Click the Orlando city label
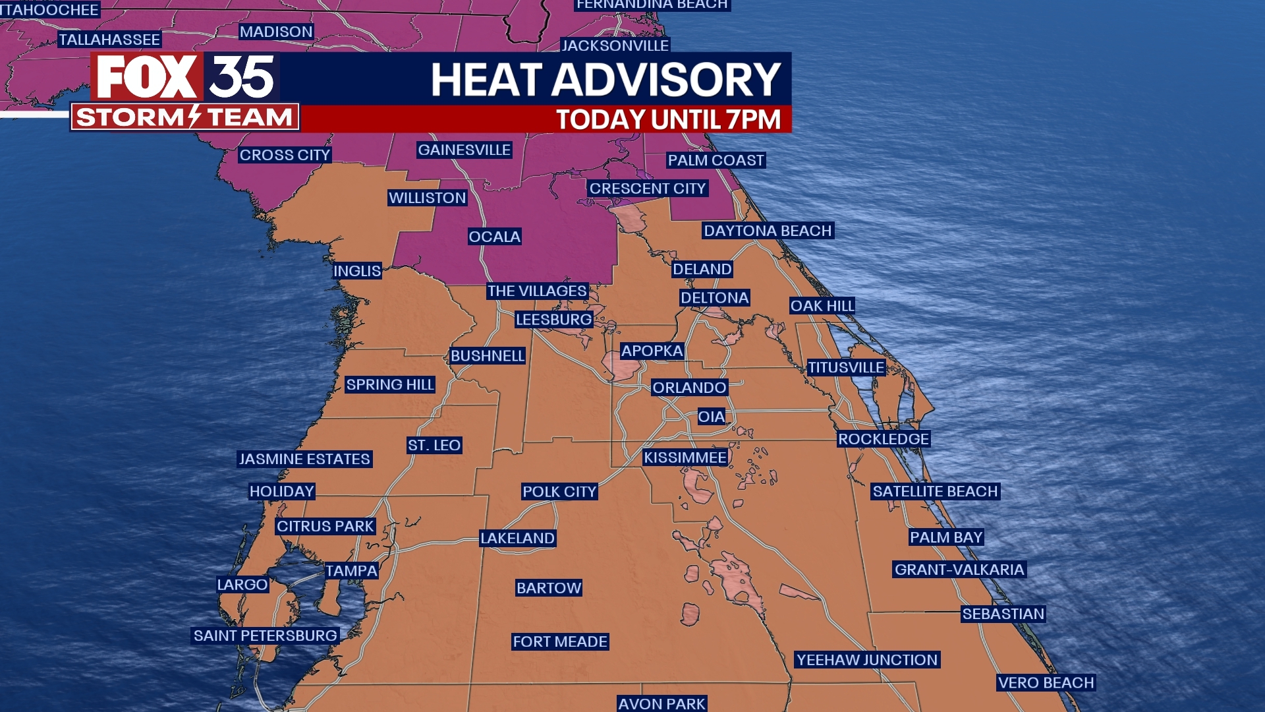[x=689, y=388]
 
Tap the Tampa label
[x=351, y=571]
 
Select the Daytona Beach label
[x=768, y=231]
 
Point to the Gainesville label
[x=464, y=150]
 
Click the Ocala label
[x=494, y=237]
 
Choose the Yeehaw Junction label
[x=866, y=660]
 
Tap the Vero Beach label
[x=1046, y=683]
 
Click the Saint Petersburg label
[x=265, y=636]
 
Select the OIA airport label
[x=711, y=417]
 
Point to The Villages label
[x=536, y=291]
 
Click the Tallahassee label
[x=109, y=40]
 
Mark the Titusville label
[x=846, y=368]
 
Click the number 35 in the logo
[x=242, y=77]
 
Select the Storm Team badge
[x=184, y=117]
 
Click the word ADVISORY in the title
[x=666, y=80]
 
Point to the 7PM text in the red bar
[x=753, y=120]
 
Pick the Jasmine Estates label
[x=304, y=459]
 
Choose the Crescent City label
[x=647, y=189]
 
